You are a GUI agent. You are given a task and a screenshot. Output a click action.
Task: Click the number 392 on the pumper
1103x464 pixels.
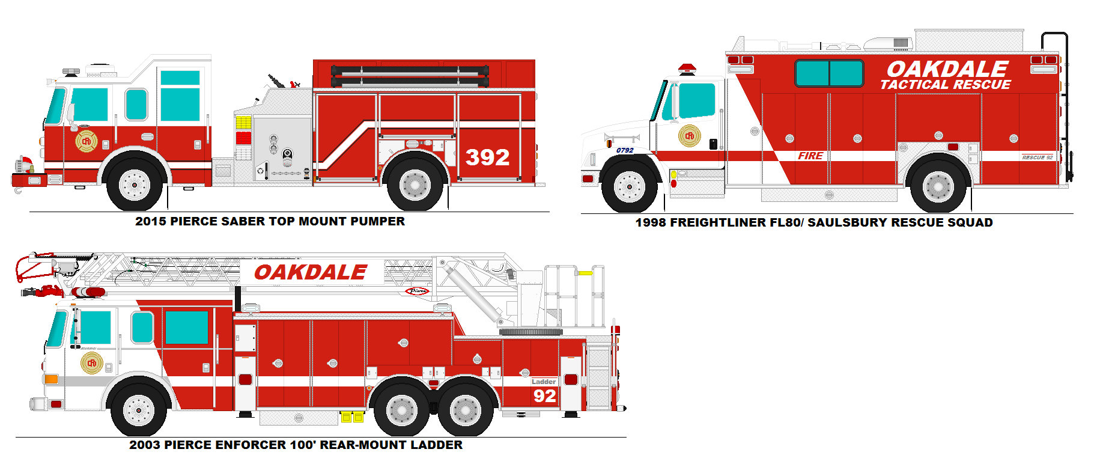487,157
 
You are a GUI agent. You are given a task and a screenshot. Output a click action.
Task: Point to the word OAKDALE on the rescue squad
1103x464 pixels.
947,69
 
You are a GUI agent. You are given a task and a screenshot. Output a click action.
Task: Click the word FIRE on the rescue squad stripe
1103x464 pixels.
810,156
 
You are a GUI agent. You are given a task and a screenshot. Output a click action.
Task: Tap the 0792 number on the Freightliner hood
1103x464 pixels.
625,150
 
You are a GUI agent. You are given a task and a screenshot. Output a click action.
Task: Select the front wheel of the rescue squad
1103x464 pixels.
629,187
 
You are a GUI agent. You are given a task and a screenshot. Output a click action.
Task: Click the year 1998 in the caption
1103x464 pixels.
651,222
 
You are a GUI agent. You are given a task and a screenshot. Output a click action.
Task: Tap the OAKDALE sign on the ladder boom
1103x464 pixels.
311,272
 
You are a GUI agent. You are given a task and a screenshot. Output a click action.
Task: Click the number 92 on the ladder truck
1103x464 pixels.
544,395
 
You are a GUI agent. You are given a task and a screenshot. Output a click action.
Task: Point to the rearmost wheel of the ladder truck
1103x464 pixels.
465,411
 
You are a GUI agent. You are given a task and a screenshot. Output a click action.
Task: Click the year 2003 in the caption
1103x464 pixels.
145,445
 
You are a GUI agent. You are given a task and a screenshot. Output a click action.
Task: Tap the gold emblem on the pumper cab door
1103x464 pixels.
87,141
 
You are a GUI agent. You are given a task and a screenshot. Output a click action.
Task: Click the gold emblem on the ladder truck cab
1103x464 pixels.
92,363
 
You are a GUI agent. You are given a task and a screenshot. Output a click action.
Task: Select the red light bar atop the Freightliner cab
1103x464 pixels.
687,69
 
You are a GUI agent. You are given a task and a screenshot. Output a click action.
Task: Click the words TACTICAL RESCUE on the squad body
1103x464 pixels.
946,85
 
